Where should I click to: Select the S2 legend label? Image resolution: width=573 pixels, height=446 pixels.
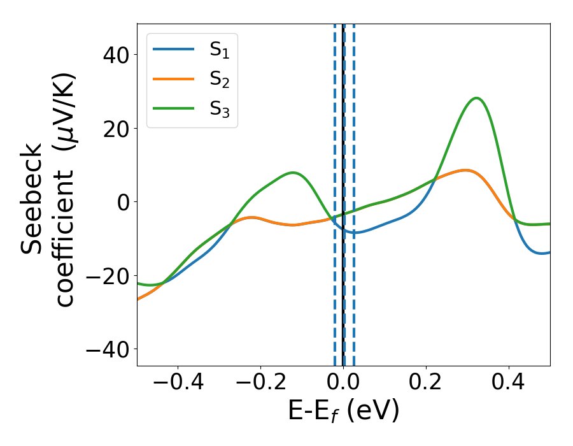coord(219,80)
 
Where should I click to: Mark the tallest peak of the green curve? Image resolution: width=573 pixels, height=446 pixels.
coord(476,98)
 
